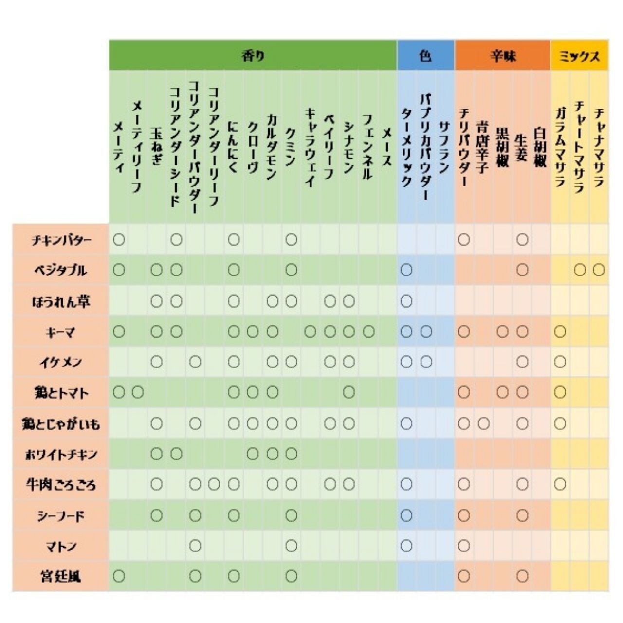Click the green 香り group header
[x=253, y=56]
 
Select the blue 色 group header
[x=425, y=56]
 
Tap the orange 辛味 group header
[x=503, y=56]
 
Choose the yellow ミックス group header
[x=579, y=56]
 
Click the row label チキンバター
[x=60, y=240]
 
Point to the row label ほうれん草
[x=60, y=301]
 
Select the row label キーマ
[x=60, y=332]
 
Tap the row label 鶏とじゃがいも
[x=60, y=424]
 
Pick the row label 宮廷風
[x=60, y=577]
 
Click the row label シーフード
[x=60, y=515]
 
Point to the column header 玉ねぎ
[x=156, y=146]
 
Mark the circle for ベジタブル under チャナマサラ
[x=599, y=270]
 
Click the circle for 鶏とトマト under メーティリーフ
[x=138, y=393]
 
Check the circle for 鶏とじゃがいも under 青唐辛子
[x=483, y=424]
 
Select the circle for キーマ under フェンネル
[x=368, y=332]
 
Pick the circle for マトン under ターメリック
[x=406, y=546]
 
